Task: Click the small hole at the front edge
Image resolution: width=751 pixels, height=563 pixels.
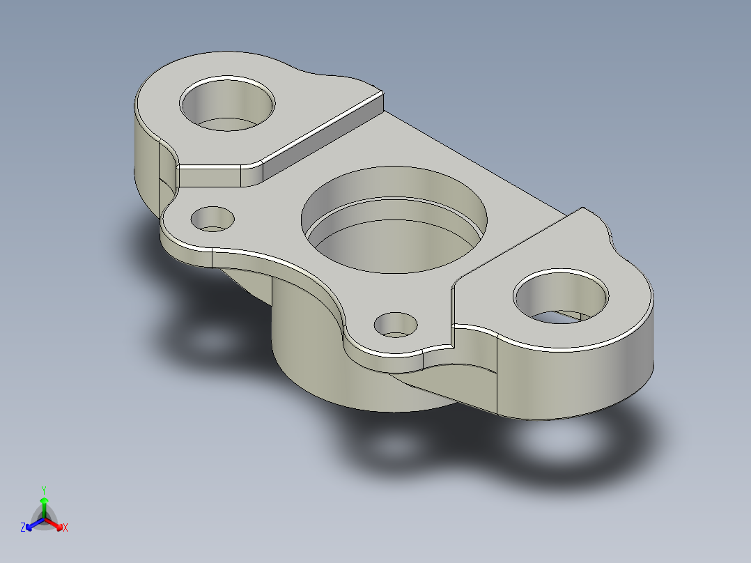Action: [x=396, y=325]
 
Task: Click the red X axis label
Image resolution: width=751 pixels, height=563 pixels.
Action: [x=65, y=528]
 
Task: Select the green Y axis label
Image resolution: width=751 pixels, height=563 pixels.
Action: [x=43, y=489]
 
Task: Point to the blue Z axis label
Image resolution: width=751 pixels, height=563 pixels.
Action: [x=23, y=528]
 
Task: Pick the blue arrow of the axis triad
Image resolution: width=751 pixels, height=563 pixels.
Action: [x=32, y=524]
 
